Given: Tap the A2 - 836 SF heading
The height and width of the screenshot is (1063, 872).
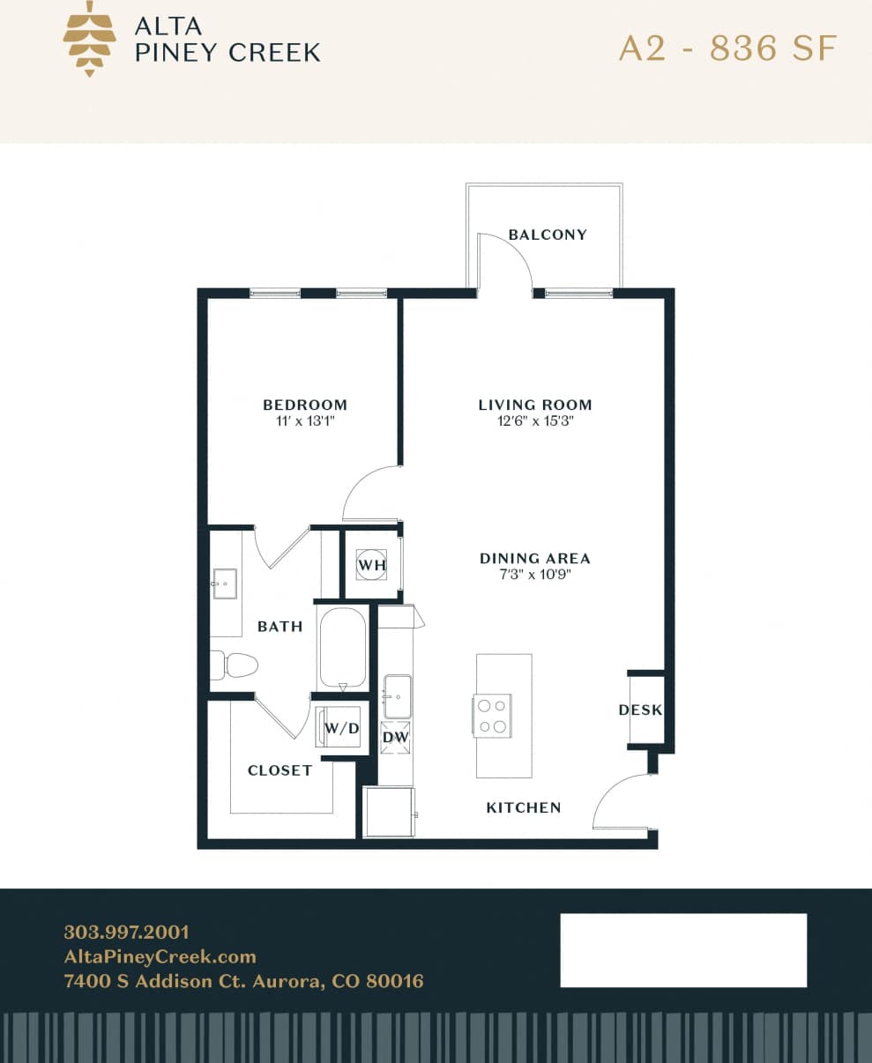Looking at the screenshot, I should coord(727,48).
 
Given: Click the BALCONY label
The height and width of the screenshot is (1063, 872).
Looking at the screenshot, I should coord(548,234).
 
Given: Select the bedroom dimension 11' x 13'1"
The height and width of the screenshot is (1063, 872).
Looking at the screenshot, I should coord(305,421).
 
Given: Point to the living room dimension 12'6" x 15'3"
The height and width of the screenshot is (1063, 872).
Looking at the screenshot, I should coord(535,421).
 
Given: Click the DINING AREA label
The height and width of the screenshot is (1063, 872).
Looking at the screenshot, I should coord(535,558).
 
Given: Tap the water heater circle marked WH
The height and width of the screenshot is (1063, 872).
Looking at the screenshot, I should coord(371,564).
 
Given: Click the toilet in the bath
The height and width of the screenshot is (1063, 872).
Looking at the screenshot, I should coord(235,665).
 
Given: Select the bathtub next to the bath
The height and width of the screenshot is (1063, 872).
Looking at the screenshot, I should coord(342,648).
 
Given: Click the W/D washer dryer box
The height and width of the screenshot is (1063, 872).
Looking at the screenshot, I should coord(341,728).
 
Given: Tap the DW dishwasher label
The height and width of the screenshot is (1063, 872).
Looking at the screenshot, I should coord(395,737).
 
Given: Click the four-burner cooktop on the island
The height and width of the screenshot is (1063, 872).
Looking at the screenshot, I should coord(492,716).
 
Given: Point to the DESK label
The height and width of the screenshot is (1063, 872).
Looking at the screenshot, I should coord(641,710).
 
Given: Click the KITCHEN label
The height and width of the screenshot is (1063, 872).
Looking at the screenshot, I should coord(524,807).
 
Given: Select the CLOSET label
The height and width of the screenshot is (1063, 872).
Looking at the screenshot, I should coord(279,770).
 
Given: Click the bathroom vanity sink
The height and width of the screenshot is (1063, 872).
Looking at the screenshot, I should coord(223,584).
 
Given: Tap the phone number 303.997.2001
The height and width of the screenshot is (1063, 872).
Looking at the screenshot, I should coord(126,932).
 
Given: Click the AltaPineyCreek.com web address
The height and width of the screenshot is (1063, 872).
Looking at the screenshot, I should coord(160,956).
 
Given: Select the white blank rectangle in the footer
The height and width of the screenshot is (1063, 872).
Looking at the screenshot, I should coord(683,950).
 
